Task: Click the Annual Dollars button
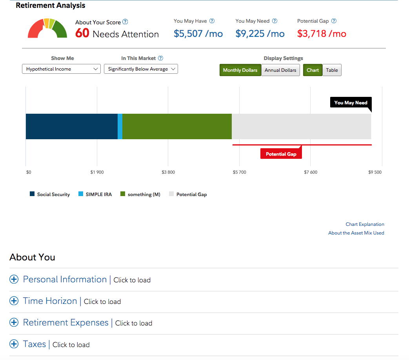pos(280,70)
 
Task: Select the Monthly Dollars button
pos(240,70)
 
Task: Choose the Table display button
pos(332,70)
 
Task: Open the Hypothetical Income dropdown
pos(61,69)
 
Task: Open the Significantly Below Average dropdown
pos(141,69)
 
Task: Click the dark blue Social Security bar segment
pos(71,126)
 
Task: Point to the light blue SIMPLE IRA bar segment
pos(120,126)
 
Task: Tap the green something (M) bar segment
pos(177,126)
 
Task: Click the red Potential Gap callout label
pos(281,154)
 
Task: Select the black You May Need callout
pos(351,103)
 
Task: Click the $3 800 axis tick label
pos(168,172)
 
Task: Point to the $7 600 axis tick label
pos(311,172)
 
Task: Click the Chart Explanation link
pos(365,224)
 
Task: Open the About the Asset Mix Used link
pos(356,233)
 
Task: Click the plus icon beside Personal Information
pos(14,279)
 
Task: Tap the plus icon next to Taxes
pos(14,344)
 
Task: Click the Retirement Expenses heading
pos(65,322)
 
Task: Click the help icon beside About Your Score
pos(125,22)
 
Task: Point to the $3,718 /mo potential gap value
pos(322,34)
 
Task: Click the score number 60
pos(82,33)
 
